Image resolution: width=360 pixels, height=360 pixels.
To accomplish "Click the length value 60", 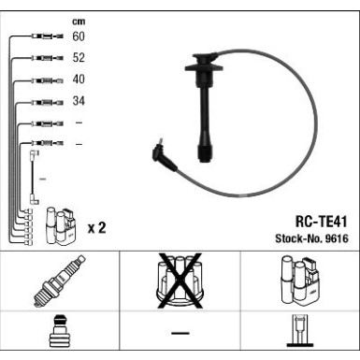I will (79, 37).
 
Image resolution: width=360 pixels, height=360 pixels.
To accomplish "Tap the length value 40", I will (79, 80).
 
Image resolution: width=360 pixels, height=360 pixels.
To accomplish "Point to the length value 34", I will (79, 102).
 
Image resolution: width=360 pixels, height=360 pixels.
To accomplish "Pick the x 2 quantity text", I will (95, 227).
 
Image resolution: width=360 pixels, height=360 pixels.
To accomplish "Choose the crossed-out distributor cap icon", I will (180, 281).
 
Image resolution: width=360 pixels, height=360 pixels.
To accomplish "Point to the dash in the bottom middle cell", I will (180, 334).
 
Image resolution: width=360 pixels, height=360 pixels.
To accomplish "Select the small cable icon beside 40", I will (44, 80).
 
